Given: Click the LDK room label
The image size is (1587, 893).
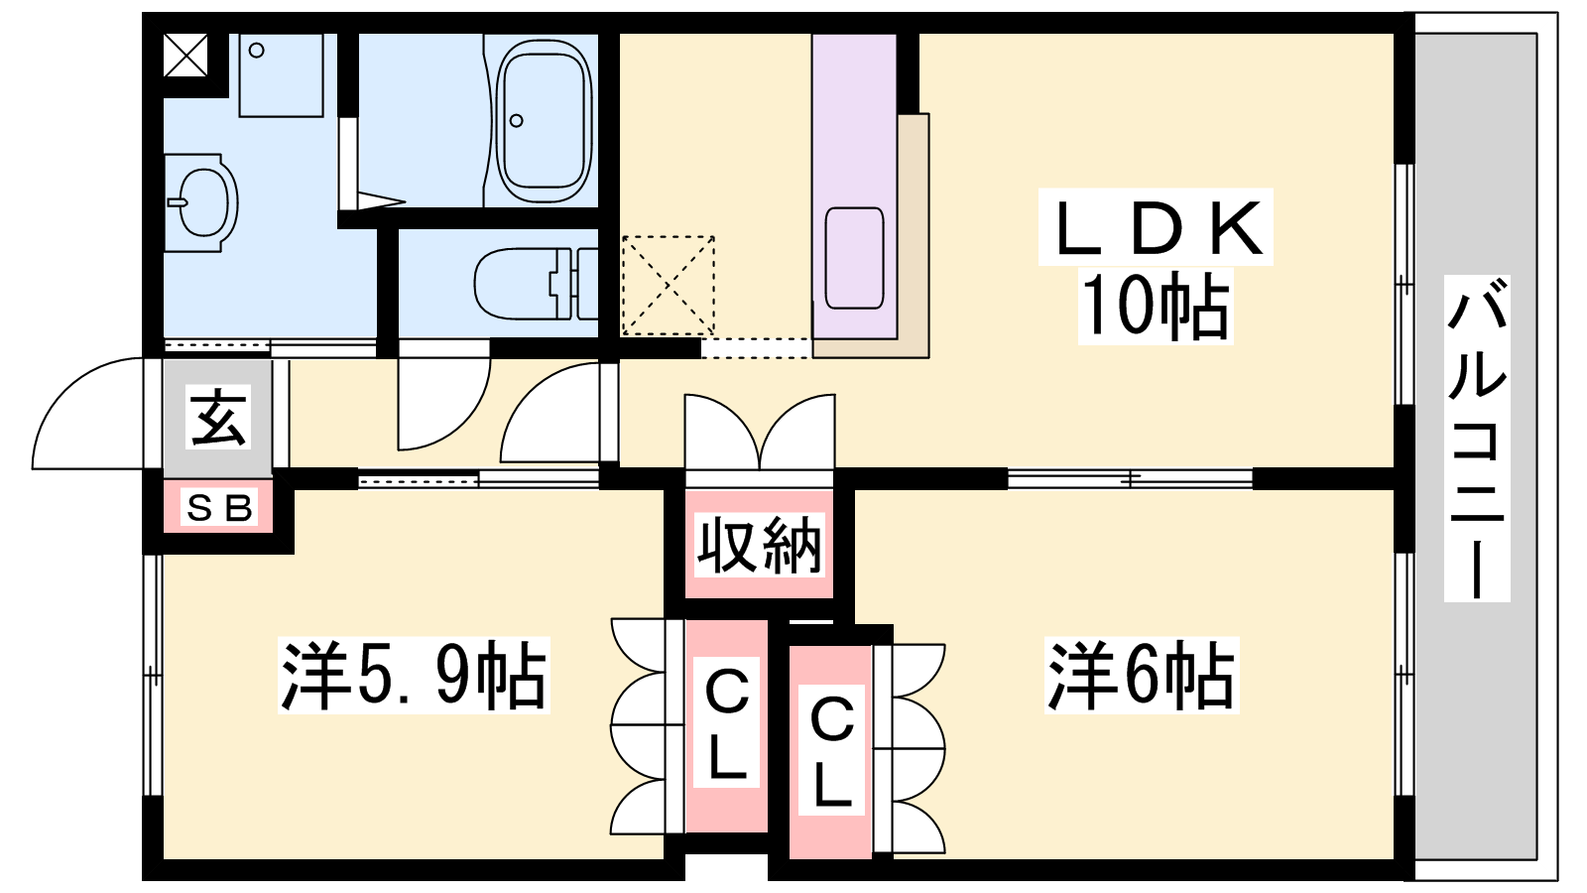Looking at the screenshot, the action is click(x=1157, y=227).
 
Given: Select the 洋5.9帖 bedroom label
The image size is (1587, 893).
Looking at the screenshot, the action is click(x=414, y=675).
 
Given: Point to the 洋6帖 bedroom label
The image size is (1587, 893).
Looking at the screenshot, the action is click(x=1142, y=675).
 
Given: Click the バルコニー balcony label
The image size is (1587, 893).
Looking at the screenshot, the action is click(x=1477, y=438).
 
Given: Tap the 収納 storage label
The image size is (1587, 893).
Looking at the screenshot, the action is click(x=759, y=545).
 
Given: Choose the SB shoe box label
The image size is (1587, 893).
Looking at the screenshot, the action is click(x=219, y=507).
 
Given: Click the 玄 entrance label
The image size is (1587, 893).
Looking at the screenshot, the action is click(x=218, y=417).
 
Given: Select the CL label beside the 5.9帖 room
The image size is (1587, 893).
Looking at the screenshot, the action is click(x=727, y=723).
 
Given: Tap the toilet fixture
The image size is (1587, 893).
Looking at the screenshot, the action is click(x=536, y=284).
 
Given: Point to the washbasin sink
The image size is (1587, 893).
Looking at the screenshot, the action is click(x=201, y=202).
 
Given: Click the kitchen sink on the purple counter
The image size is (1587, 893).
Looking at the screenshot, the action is click(x=854, y=258).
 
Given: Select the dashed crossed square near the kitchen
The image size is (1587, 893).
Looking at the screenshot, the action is click(x=669, y=285).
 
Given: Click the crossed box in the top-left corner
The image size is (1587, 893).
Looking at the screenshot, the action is click(x=185, y=55).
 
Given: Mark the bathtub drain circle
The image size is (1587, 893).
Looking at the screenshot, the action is click(x=516, y=120).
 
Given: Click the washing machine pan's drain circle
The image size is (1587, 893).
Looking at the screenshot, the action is click(x=257, y=51).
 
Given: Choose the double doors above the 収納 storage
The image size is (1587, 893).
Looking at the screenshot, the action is click(x=760, y=433).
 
